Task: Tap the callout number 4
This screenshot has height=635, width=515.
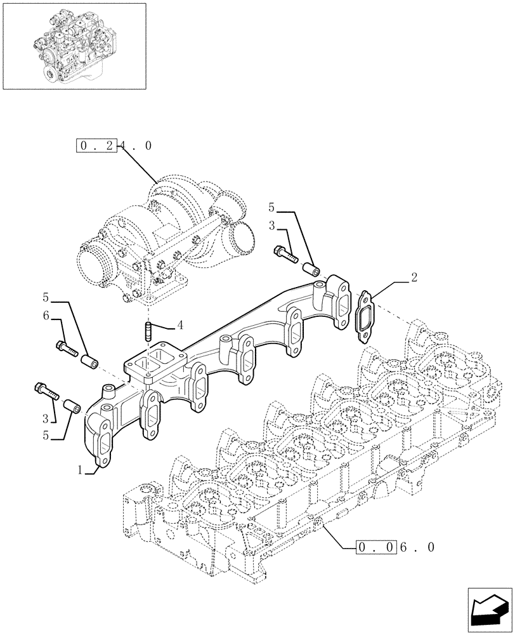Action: pyautogui.click(x=180, y=325)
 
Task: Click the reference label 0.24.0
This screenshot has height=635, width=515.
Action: pyautogui.click(x=114, y=146)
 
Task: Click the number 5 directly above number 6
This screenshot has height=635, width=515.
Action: pyautogui.click(x=46, y=297)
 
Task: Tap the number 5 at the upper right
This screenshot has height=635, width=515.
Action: pyautogui.click(x=271, y=207)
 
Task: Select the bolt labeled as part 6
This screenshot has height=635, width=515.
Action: pyautogui.click(x=66, y=347)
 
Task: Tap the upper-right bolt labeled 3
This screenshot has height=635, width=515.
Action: pyautogui.click(x=286, y=254)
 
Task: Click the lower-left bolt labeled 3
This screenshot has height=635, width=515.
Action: pyautogui.click(x=48, y=391)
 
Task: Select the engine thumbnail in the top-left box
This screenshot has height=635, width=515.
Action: pyautogui.click(x=74, y=46)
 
